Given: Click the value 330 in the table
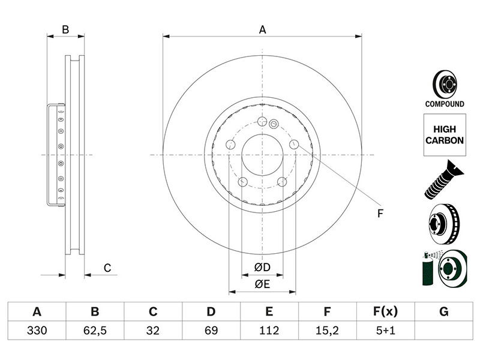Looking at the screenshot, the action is click(37, 331).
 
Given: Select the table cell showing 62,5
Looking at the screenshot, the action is click(95, 331).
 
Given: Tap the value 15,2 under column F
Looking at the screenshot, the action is click(327, 331).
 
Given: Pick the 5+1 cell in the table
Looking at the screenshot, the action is click(385, 331).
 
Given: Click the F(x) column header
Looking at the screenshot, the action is click(385, 311).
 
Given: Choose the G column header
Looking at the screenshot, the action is click(443, 311).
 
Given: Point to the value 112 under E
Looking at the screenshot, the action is click(269, 331).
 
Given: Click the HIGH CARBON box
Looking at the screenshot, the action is click(445, 135).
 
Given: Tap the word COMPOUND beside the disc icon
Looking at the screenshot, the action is click(445, 104).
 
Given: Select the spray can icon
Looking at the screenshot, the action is click(428, 269).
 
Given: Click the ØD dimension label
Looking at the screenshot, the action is click(262, 267).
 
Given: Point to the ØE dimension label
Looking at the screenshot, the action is click(262, 284).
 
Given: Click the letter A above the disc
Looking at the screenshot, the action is click(263, 29).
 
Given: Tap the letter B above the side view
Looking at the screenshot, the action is click(65, 29).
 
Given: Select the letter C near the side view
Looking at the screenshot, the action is click(107, 268).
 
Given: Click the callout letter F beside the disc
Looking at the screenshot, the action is click(380, 214).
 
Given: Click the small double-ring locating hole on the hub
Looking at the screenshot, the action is click(274, 124).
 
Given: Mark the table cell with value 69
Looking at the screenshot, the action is click(211, 331).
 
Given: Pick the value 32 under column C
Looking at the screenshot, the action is click(153, 331).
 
